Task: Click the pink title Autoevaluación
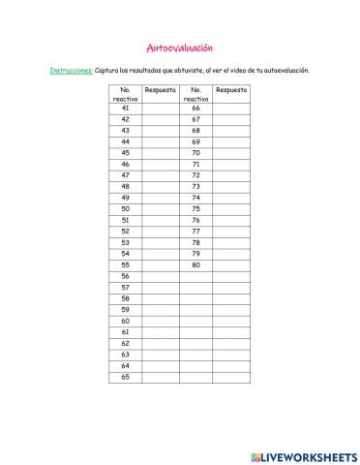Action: (179, 47)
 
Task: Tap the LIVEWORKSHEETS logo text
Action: (302, 455)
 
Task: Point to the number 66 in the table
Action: (195, 108)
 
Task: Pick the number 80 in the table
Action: (195, 264)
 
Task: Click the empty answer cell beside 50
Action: (160, 208)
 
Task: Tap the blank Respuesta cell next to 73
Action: (231, 186)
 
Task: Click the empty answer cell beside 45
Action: (160, 153)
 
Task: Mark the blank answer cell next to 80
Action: (231, 264)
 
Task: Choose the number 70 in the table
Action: (195, 153)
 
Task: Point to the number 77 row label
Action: (195, 232)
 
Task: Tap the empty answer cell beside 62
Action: (160, 343)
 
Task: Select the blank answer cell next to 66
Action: (231, 108)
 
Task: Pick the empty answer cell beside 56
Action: (160, 276)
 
